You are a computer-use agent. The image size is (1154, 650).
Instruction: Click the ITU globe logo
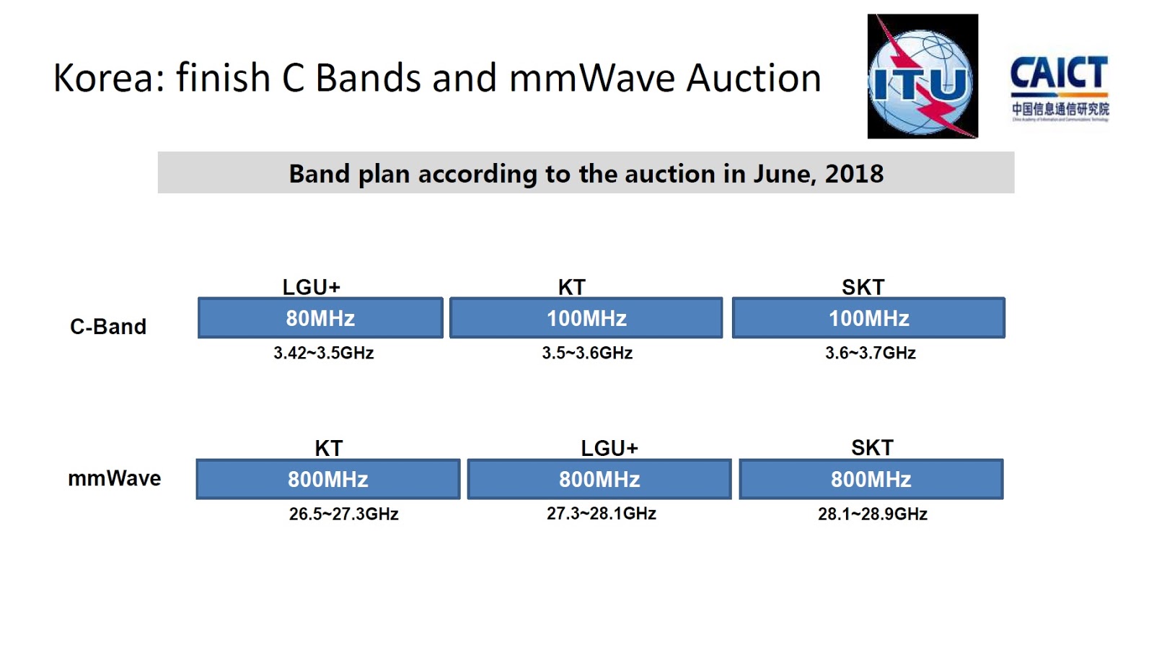[922, 76]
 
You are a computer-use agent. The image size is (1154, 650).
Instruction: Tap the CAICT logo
[1059, 87]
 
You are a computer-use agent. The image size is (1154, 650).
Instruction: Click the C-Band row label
[108, 327]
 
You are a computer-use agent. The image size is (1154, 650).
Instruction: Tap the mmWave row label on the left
[114, 478]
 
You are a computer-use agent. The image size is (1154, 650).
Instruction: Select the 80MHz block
[320, 318]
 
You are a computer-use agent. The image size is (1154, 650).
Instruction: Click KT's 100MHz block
[586, 318]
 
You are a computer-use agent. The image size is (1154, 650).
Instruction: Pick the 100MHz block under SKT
[868, 318]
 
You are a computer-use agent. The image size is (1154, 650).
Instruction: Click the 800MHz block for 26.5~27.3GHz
[328, 479]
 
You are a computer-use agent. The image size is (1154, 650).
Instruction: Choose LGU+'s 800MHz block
[599, 479]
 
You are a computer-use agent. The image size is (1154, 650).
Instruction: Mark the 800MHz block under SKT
[871, 479]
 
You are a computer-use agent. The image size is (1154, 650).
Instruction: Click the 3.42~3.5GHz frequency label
[323, 353]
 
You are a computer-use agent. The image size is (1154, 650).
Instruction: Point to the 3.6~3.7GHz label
[870, 353]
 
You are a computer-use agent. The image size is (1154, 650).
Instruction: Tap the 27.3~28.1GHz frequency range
[601, 514]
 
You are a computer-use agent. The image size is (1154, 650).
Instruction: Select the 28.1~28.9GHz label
[872, 514]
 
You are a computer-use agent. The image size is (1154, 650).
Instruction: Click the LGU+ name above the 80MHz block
[311, 287]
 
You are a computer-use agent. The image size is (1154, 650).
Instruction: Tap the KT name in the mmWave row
[328, 448]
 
